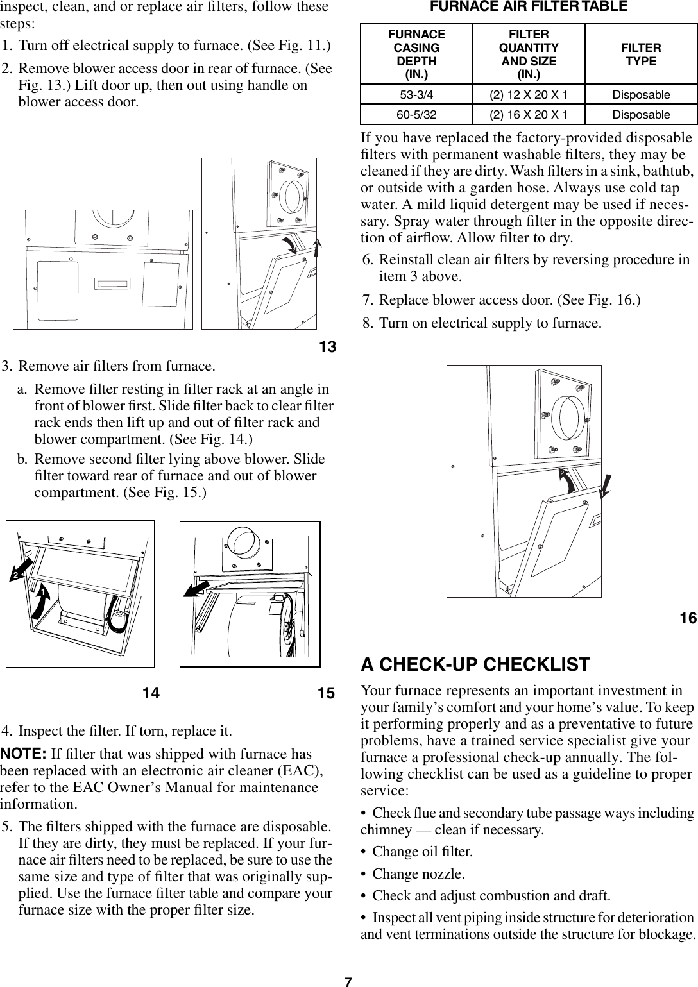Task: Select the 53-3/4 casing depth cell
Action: pos(416,95)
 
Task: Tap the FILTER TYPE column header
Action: pos(641,55)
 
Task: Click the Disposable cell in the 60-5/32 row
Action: pos(641,115)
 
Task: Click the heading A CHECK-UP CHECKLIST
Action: pos(475,664)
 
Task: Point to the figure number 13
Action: pos(327,348)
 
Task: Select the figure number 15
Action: pos(326,693)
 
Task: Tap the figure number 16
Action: pos(688,618)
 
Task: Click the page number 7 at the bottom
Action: pos(348,981)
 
